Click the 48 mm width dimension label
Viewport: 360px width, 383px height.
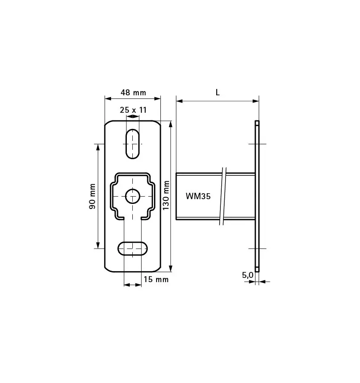coord(133,92)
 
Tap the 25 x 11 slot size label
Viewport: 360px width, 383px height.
coord(133,110)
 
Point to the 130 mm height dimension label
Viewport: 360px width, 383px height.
coord(166,195)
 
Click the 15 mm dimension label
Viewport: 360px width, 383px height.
coord(156,280)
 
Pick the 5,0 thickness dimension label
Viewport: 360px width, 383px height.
coord(248,275)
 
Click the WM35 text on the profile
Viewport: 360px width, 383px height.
coord(198,196)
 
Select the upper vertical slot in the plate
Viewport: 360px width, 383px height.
coord(133,143)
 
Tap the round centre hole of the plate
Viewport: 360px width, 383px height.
coord(133,196)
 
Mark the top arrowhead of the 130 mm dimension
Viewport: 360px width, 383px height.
coord(171,124)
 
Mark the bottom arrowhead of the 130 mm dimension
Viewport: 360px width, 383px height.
coord(171,268)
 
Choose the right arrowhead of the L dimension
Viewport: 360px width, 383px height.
coord(256,101)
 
